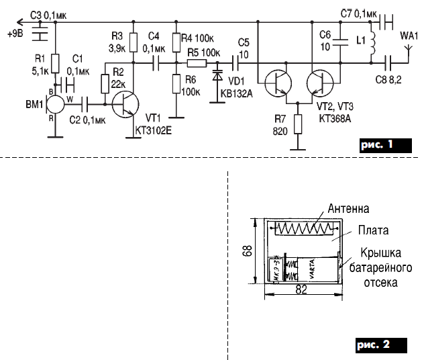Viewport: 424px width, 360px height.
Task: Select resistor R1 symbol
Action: click(x=55, y=64)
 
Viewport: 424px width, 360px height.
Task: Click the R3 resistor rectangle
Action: click(x=134, y=43)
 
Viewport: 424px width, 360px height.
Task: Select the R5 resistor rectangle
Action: click(x=197, y=64)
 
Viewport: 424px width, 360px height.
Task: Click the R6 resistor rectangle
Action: click(x=175, y=83)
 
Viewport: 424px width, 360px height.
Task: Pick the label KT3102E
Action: click(x=154, y=131)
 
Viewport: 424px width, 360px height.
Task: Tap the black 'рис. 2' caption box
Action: click(x=378, y=345)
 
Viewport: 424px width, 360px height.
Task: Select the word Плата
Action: click(x=373, y=230)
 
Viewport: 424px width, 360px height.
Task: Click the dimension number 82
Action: click(x=303, y=289)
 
